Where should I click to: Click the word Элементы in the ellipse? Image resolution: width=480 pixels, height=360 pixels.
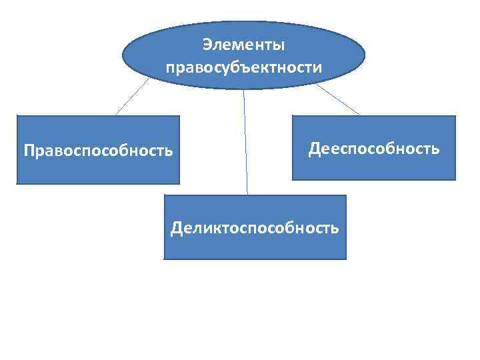point(243,45)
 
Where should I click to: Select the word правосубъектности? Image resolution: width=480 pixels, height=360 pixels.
point(243,67)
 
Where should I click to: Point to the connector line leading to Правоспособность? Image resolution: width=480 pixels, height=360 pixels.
point(133,97)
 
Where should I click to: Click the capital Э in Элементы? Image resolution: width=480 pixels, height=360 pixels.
point(207,45)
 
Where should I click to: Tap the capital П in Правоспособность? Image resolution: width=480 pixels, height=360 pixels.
point(29,150)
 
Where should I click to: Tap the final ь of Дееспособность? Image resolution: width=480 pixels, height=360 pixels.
point(435,148)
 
